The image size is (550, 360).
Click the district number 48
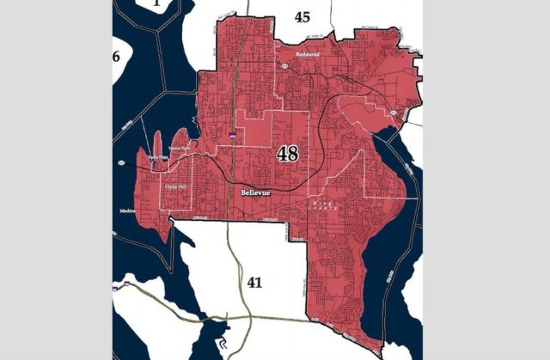288,155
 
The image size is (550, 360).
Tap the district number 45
302,16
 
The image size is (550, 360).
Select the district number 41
254,281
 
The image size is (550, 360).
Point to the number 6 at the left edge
116,57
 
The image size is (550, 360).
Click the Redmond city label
307,53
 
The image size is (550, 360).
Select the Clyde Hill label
175,185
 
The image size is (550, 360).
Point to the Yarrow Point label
180,148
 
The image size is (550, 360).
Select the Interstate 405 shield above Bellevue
232,135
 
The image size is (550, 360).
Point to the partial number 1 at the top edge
156,4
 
